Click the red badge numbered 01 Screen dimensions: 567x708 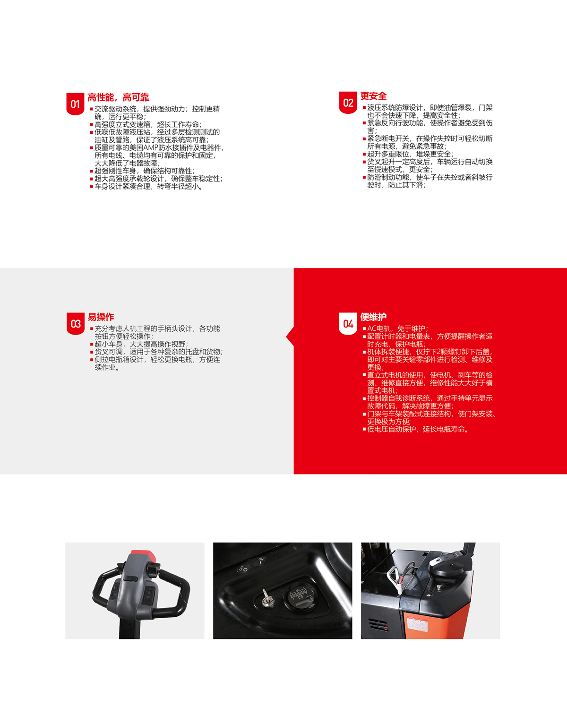click(x=75, y=104)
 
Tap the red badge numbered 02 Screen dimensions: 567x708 click(x=348, y=103)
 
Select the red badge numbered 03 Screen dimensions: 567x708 click(x=76, y=324)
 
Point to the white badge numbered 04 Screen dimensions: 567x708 click(x=348, y=324)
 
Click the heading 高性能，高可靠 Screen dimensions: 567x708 click(x=119, y=97)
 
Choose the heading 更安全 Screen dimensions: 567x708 click(x=373, y=96)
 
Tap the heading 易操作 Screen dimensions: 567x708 click(x=101, y=317)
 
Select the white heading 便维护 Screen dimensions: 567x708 click(x=373, y=317)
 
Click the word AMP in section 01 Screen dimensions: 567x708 click(x=151, y=148)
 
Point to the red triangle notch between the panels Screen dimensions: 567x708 click(x=290, y=337)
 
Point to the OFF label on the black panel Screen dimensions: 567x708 click(x=243, y=569)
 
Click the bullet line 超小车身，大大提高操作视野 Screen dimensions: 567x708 click(x=139, y=344)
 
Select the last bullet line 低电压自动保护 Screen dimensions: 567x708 click(x=416, y=429)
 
